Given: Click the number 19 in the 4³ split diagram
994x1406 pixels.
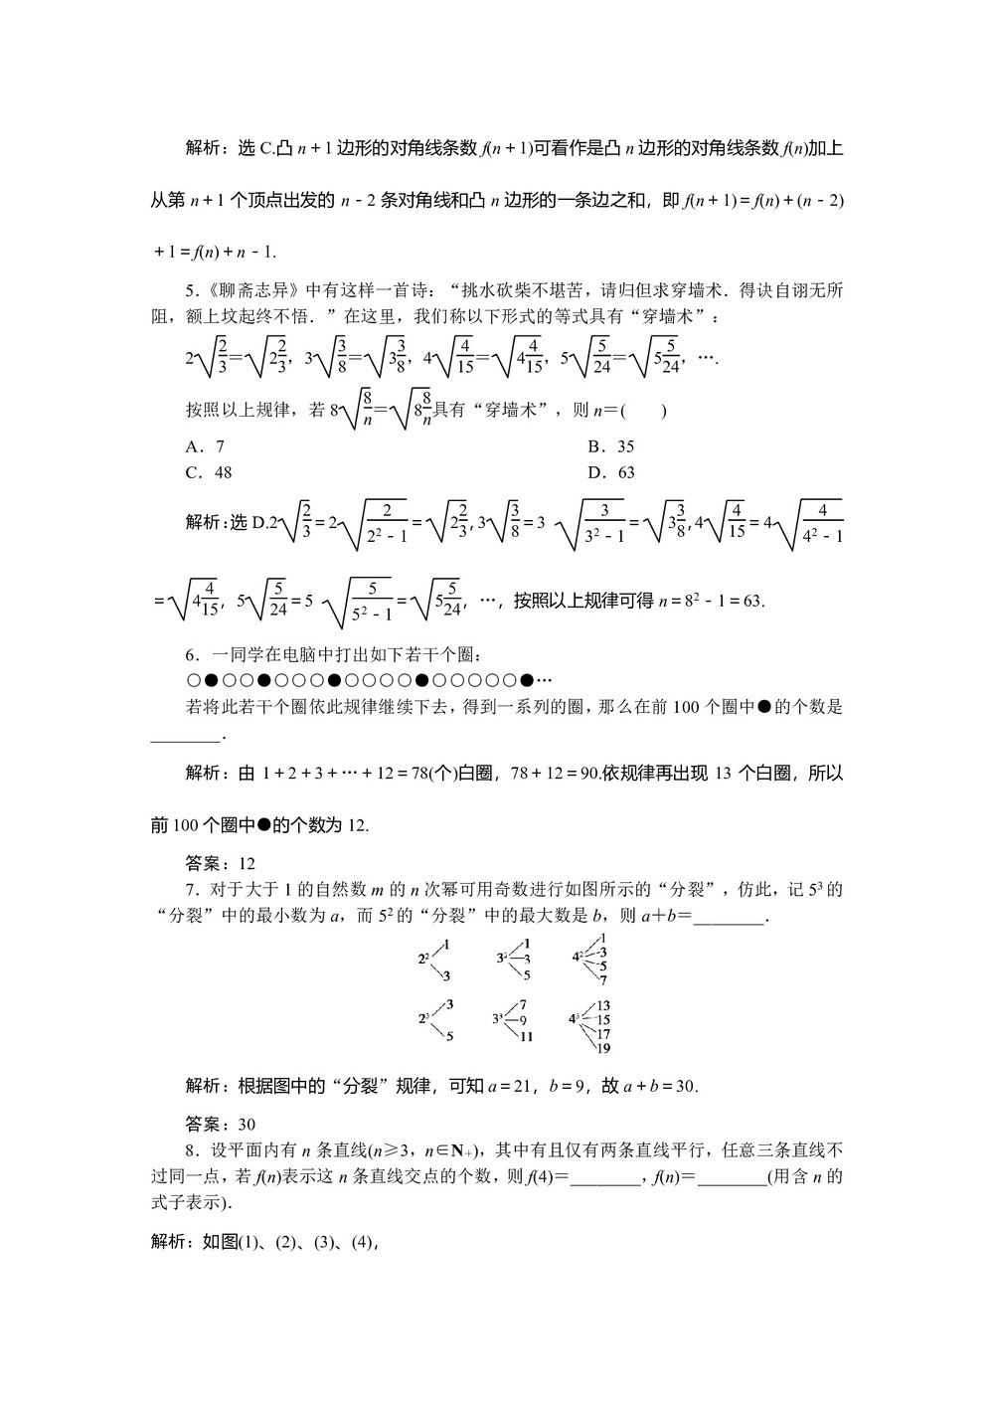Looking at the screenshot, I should click(603, 1048).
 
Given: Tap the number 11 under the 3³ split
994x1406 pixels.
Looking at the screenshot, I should click(526, 1036).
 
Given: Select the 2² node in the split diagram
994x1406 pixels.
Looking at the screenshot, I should click(422, 959).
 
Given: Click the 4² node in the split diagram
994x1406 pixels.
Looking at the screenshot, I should click(577, 957).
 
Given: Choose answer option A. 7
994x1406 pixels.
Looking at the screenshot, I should click(205, 446).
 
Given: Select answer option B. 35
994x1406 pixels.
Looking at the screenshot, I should click(610, 446).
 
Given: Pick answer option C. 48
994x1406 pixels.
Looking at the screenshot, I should click(209, 472).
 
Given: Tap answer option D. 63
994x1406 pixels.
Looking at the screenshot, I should click(610, 472).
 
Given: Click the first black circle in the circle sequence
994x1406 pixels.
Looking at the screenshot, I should click(211, 681).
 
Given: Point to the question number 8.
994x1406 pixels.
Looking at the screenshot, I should click(190, 1150).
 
